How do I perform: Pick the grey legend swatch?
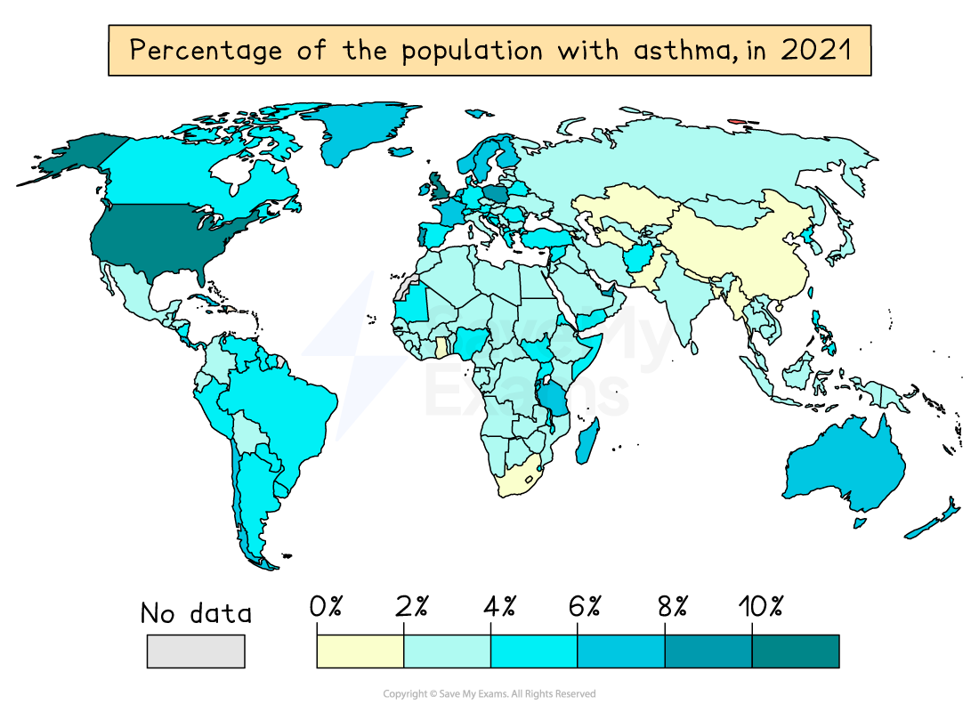196,651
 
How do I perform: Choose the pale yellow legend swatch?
360,651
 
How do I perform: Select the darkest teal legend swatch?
795,651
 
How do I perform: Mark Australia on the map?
845,467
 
